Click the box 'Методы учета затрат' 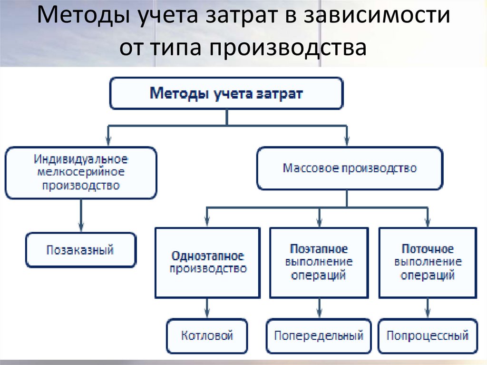(226, 93)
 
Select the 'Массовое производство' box (350, 168)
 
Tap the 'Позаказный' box (80, 250)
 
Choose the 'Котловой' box (207, 335)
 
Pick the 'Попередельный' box (318, 335)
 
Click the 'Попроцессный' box (428, 335)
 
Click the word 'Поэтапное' (319, 249)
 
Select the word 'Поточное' (428, 249)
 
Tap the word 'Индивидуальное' (81, 158)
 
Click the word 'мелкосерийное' (81, 171)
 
